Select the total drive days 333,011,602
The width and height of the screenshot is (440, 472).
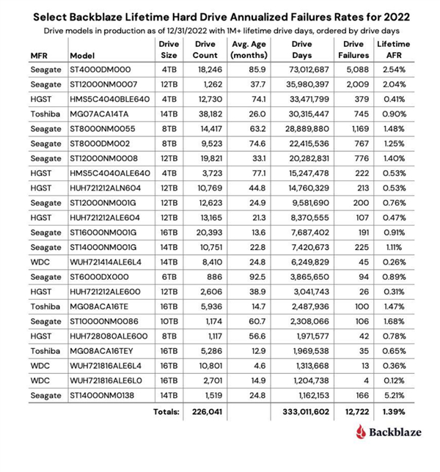point(301,413)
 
